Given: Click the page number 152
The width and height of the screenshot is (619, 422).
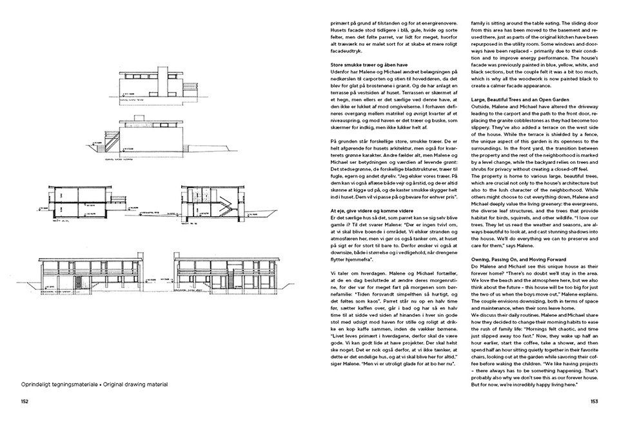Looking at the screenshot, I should (x=24, y=401).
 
